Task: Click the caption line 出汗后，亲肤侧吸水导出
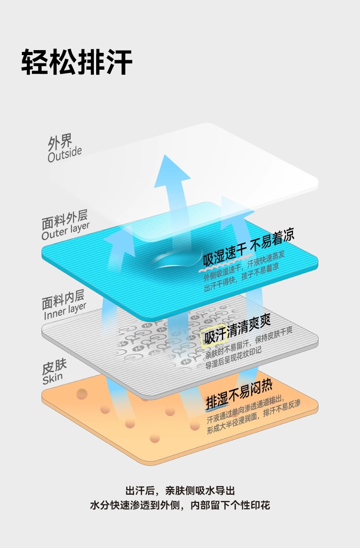[x=180, y=491]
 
